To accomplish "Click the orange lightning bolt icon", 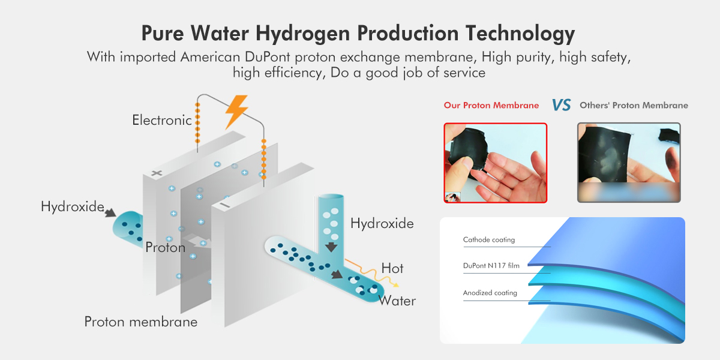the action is pos(236,111).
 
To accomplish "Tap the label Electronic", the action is pos(162,120).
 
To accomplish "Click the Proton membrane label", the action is pos(141,322).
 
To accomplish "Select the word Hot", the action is pos(392,268).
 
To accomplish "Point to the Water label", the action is pos(397,301).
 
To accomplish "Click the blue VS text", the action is pos(561,105).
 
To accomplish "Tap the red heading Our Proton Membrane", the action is pos(491,106).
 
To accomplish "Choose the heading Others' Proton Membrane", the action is pos(634,106).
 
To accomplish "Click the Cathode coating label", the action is pos(489,240).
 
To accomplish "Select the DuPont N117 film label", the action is pos(491,266).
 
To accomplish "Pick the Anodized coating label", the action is pos(490,293).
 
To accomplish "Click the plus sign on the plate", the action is pos(157,173).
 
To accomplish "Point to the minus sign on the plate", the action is pos(224,205).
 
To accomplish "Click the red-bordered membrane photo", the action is pos(496,163).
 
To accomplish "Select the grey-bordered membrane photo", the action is pos(629,163).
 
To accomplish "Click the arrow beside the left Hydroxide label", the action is pos(110,212).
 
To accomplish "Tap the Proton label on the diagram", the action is pos(165,247).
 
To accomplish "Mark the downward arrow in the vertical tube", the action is pos(331,247).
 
